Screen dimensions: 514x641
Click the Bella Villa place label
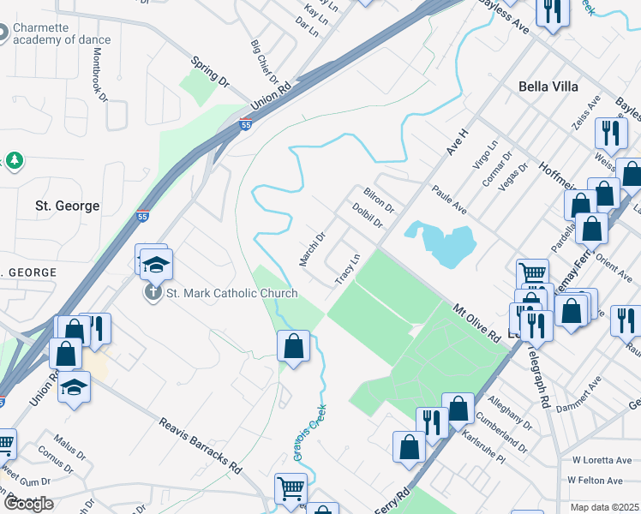pyautogui.click(x=548, y=87)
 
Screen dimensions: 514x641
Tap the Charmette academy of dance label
pyautogui.click(x=63, y=33)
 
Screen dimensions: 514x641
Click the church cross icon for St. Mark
pyautogui.click(x=153, y=292)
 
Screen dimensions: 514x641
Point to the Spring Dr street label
pyautogui.click(x=211, y=73)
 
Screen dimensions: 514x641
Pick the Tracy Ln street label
pyautogui.click(x=346, y=269)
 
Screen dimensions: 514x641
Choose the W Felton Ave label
pyautogui.click(x=598, y=481)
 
